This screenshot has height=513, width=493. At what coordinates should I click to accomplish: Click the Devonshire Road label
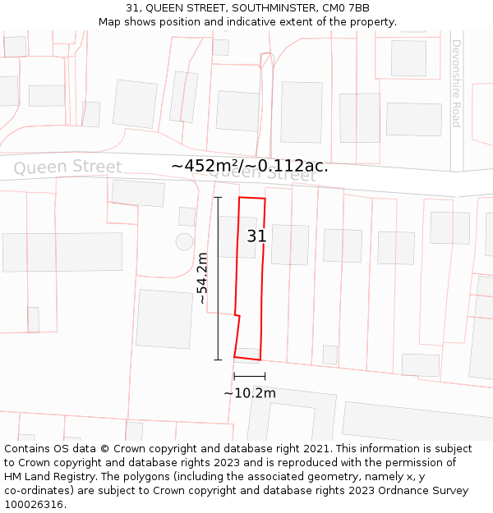tap(455, 83)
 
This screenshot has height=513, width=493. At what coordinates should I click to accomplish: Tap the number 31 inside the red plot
tap(256, 236)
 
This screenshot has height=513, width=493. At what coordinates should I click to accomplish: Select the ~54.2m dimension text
tap(203, 278)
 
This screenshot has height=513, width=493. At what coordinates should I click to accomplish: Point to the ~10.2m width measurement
tap(250, 392)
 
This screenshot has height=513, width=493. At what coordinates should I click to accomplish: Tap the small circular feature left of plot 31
tap(184, 241)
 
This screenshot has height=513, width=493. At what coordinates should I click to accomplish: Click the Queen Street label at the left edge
tap(67, 167)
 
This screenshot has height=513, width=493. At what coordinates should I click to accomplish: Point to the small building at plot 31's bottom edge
tap(247, 353)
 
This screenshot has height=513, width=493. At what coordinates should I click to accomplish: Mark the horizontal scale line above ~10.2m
tap(249, 376)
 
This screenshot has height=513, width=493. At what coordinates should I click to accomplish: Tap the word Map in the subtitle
tap(110, 22)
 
